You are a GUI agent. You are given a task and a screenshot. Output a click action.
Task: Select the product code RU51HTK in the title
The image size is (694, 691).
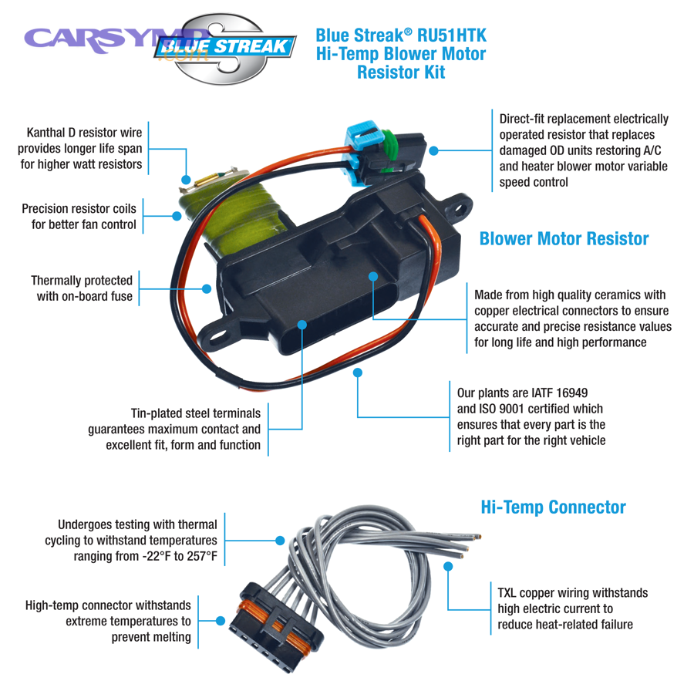point(452,35)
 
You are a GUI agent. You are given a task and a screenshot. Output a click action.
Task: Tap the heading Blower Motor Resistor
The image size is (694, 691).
point(564,239)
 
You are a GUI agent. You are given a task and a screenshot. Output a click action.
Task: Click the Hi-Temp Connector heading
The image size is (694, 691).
point(553,507)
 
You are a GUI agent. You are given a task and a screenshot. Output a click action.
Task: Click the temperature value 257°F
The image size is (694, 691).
point(197,556)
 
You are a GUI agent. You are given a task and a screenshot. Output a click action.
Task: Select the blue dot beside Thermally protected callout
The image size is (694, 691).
point(206,288)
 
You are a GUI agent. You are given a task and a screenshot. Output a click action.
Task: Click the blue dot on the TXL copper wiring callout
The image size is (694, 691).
point(448,567)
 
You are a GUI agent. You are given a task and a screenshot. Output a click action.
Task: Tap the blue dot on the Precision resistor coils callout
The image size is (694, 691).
point(177,217)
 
